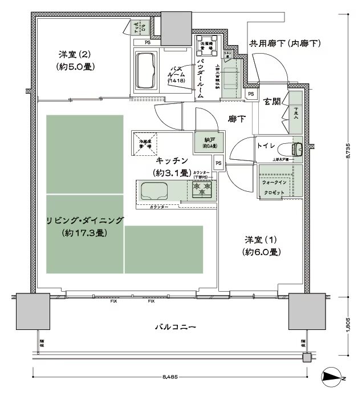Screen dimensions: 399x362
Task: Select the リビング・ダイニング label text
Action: [86, 221]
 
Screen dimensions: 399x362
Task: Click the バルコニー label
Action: [176, 328]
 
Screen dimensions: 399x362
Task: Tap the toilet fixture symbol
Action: [296, 147]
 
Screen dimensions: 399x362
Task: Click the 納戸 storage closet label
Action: [201, 140]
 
